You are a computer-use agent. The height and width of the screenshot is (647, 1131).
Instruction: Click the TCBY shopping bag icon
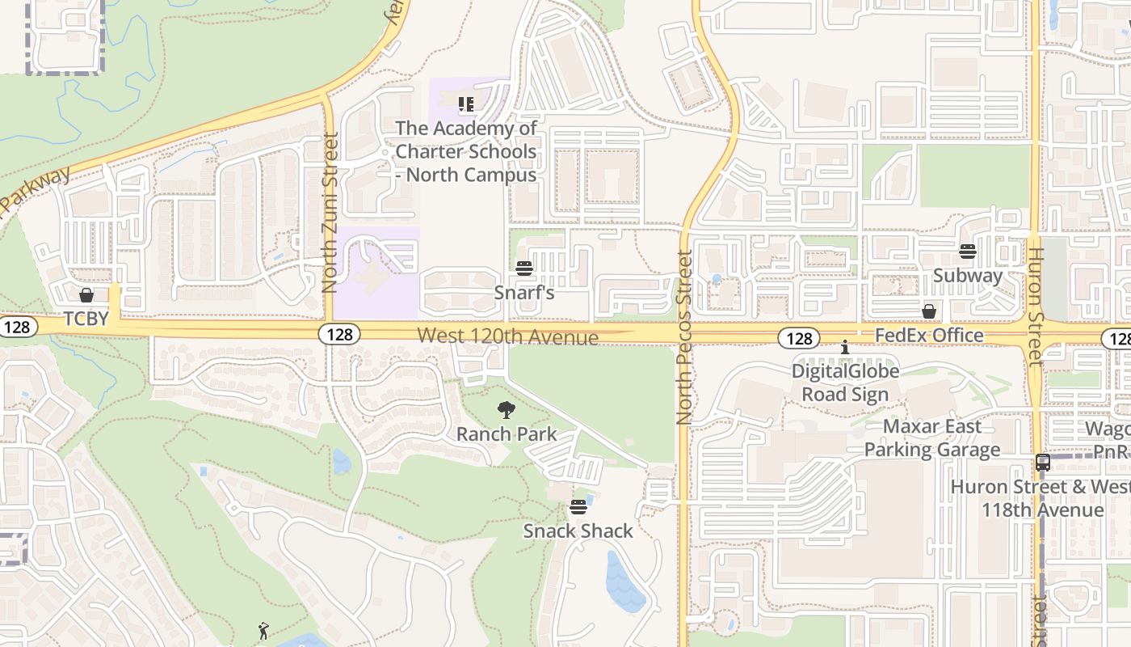coord(86,295)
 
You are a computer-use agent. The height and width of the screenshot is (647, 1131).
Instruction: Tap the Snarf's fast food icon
coord(524,269)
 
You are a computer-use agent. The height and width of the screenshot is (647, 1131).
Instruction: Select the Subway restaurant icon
coord(968,252)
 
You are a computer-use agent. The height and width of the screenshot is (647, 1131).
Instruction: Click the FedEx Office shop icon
coord(929,311)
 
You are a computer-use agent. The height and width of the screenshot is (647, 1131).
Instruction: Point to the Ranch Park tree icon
coord(507,410)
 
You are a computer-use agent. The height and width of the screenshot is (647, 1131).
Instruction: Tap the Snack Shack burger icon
coord(578,507)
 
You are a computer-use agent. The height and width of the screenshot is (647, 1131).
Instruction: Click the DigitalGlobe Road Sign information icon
coord(845,347)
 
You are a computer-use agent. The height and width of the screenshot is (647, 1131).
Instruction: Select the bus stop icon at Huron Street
coord(1043,463)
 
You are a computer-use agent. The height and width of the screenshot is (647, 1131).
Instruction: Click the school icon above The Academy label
coord(465,104)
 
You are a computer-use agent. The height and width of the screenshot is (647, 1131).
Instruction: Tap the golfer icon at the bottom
coord(263,631)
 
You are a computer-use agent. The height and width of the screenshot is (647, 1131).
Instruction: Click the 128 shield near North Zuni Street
coord(338,334)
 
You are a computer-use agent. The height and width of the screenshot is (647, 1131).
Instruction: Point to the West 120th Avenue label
coord(508,336)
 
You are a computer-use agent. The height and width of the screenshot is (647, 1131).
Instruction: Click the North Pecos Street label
coord(684,337)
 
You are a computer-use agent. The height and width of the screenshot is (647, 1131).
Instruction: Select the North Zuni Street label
coord(329,213)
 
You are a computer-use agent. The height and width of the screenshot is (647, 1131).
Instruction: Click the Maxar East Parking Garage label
coord(932,438)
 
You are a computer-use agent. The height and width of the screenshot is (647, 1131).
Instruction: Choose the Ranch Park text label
coord(507,434)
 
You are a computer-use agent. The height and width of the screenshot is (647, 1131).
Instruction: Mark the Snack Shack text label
coord(578,531)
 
